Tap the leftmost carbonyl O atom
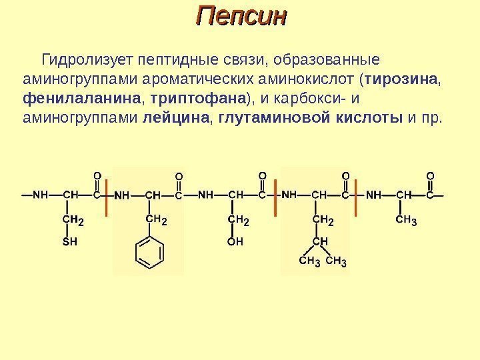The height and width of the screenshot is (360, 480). (96, 175)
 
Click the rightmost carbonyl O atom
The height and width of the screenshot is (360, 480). (429, 175)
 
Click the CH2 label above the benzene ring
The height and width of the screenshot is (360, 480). (155, 219)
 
